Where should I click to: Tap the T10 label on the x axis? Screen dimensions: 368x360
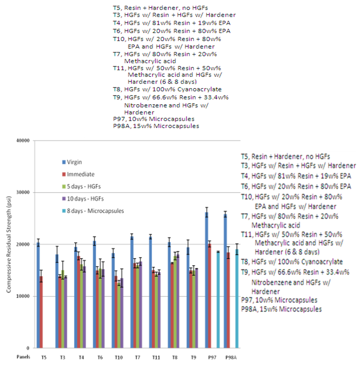(117, 357)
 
